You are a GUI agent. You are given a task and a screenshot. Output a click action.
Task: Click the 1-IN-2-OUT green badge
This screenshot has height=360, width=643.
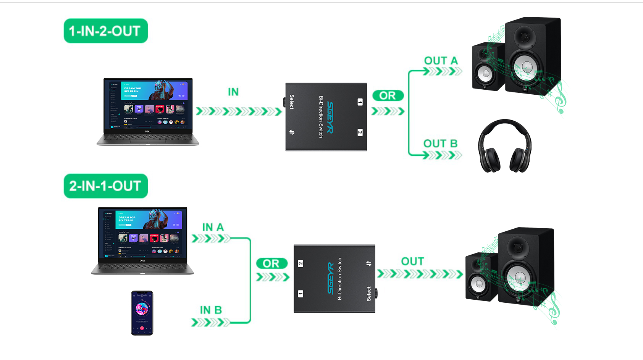pyautogui.click(x=105, y=31)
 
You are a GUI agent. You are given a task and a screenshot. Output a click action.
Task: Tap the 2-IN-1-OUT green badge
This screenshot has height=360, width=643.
pyautogui.click(x=105, y=186)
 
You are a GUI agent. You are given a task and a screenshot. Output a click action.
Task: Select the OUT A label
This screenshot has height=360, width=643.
pyautogui.click(x=441, y=61)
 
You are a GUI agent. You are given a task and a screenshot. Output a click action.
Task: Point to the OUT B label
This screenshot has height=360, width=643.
pyautogui.click(x=440, y=144)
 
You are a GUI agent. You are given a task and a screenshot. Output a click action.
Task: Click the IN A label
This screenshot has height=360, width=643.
pyautogui.click(x=213, y=227)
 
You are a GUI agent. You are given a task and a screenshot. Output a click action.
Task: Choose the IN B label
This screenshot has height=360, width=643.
pyautogui.click(x=211, y=310)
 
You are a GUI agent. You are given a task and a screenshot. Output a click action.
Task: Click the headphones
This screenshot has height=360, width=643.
pyautogui.click(x=504, y=146)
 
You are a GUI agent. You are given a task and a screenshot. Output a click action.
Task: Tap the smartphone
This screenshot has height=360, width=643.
pyautogui.click(x=142, y=313)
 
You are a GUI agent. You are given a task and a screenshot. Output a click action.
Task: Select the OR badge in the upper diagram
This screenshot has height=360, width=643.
pyautogui.click(x=388, y=95)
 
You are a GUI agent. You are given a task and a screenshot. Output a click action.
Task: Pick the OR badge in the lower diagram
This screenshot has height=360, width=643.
pyautogui.click(x=271, y=263)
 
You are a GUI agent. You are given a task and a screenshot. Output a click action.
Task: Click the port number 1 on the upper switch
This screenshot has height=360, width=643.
pyautogui.click(x=360, y=102)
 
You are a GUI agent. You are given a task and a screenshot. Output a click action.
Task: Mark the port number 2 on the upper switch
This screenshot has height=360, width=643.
pyautogui.click(x=360, y=132)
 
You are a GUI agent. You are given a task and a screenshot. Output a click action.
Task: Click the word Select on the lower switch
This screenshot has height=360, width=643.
pyautogui.click(x=368, y=294)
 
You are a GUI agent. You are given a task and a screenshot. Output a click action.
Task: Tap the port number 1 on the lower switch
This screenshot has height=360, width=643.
pyautogui.click(x=300, y=294)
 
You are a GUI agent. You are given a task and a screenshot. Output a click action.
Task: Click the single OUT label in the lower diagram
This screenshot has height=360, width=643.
pyautogui.click(x=412, y=262)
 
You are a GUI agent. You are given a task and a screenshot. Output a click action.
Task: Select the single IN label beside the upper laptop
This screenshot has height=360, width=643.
pyautogui.click(x=233, y=92)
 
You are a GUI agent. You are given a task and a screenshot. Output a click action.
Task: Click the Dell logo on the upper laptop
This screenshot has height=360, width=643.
pyautogui.click(x=148, y=131)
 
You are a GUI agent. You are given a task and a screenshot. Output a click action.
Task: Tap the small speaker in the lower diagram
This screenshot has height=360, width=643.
pyautogui.click(x=481, y=277)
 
